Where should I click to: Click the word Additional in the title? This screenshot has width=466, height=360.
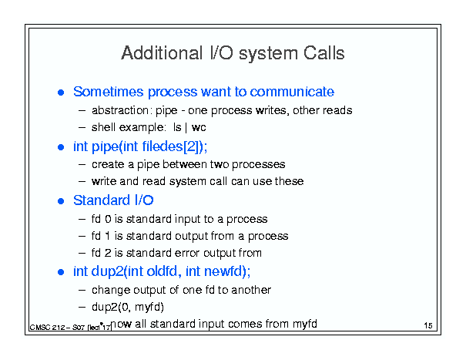coord(162,53)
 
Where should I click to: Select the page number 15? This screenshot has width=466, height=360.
coord(428,325)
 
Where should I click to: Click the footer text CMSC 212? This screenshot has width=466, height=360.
coord(47,328)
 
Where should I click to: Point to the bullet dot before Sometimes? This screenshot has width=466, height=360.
coord(61,93)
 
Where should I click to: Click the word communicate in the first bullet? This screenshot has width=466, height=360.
coord(292,91)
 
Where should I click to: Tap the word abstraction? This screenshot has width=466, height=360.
coord(120,110)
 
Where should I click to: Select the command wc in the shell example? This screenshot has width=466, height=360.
coord(199,128)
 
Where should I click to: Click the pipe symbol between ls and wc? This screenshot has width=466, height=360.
coord(186,128)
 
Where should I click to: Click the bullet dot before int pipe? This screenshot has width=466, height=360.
coord(61,147)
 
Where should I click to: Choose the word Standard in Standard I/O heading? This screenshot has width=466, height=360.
coord(102,200)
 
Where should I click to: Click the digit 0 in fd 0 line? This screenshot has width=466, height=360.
coord(108,219)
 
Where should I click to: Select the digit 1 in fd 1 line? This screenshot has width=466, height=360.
coord(107,236)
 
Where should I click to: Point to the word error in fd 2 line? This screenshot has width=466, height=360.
coord(187,253)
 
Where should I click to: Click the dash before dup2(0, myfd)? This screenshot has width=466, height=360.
coord(82,307)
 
